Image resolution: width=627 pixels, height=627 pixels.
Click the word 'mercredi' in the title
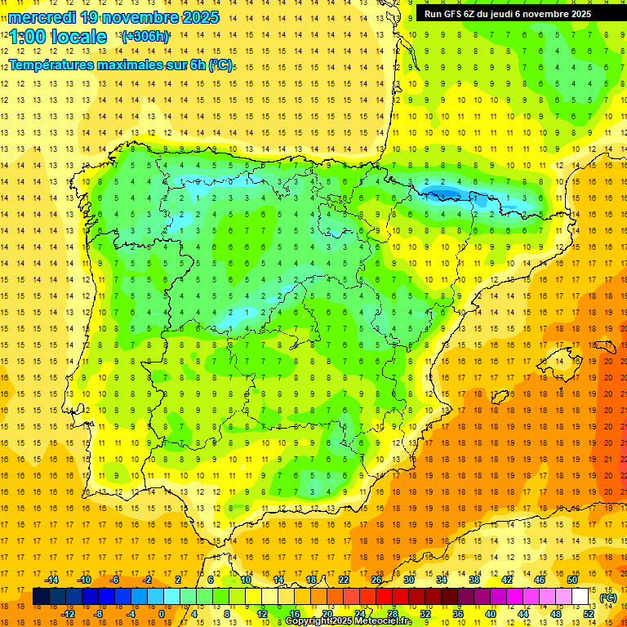42,17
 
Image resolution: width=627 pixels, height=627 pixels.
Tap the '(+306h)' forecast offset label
145,37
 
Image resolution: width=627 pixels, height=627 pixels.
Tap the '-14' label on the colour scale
51,580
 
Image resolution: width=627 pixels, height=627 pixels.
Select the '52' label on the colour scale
589,614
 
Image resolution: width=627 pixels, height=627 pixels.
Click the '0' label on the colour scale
161,614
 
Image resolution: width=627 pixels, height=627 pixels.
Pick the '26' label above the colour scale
376,580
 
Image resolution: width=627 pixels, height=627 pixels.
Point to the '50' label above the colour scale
572,580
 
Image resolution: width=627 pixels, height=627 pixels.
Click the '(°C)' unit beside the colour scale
608,598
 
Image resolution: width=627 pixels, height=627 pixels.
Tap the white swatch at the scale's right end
580,597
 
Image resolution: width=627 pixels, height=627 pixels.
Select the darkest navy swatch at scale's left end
41,597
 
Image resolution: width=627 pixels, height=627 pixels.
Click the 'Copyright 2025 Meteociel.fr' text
349,621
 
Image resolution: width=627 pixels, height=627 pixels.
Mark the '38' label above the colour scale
474,580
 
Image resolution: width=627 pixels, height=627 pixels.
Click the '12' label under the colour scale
261,614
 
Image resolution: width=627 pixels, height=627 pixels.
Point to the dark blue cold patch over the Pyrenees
441,193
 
